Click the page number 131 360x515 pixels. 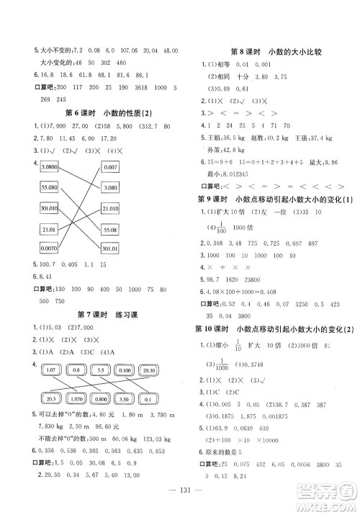(180, 502)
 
